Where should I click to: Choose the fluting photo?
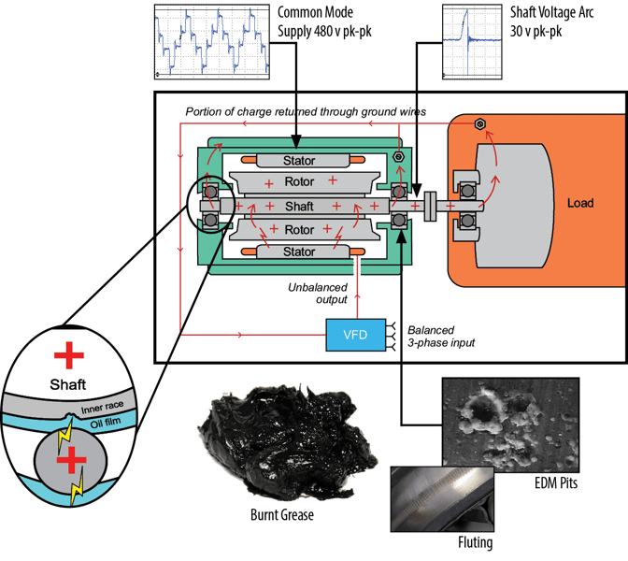coord(438,498)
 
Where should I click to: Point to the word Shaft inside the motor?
coord(299,205)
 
